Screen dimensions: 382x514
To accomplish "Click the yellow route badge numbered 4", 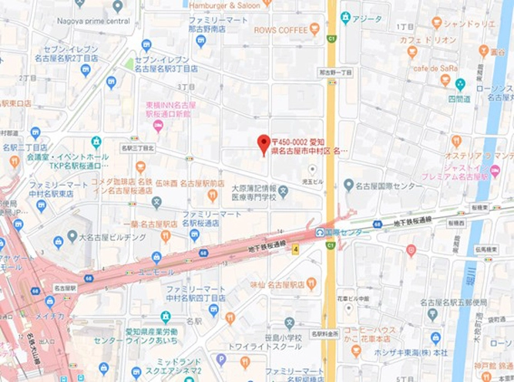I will click(294, 248).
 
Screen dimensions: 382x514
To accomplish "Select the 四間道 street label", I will click(459, 99).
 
